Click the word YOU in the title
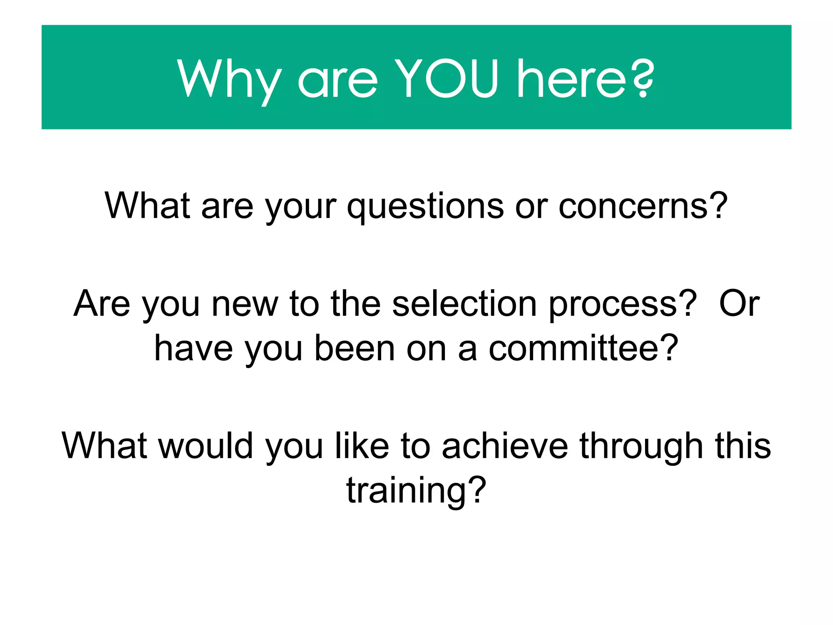(x=446, y=79)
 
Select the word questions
(x=425, y=206)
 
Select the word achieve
(x=505, y=446)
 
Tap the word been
(x=354, y=348)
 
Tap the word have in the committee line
(x=194, y=348)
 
